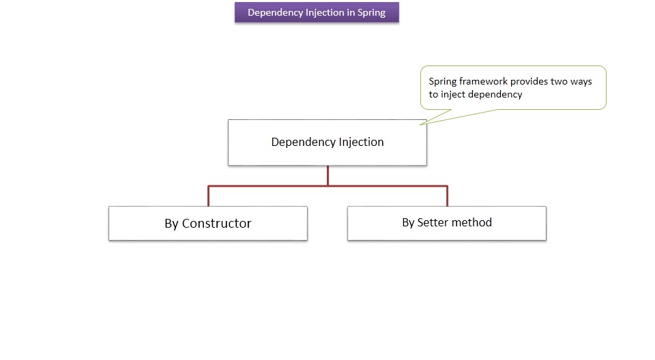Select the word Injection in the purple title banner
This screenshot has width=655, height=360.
[324, 12]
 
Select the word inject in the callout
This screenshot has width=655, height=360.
[454, 95]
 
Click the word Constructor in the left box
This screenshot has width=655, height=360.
[216, 224]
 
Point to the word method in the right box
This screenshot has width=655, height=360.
[472, 222]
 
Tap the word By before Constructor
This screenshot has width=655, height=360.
[171, 224]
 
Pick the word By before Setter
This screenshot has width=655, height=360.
[408, 222]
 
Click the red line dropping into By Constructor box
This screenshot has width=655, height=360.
[208, 196]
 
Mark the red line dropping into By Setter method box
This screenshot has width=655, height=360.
[447, 196]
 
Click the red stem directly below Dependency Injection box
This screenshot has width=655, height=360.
[327, 175]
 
